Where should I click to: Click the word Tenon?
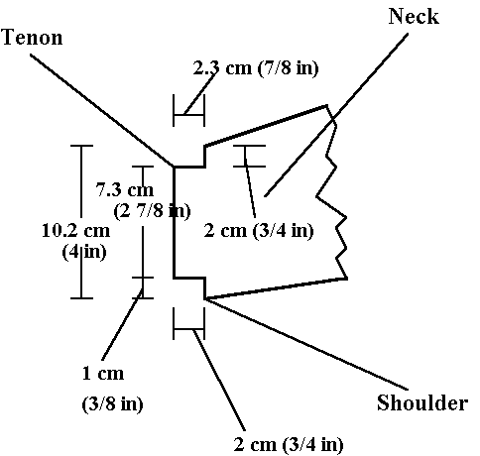click(x=32, y=37)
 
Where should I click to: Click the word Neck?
click(x=414, y=16)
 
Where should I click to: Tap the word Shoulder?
click(x=422, y=402)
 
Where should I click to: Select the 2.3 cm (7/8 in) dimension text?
click(x=256, y=68)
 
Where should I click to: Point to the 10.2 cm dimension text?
click(x=76, y=230)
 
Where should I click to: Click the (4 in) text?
click(x=84, y=252)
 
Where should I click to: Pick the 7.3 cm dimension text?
click(x=125, y=189)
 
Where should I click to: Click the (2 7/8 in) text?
click(x=152, y=210)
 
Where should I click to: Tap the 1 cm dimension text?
click(x=103, y=374)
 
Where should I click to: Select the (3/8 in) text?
click(x=112, y=403)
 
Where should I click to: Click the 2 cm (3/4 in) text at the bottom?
click(x=289, y=444)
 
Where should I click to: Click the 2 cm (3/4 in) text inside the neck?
click(x=259, y=230)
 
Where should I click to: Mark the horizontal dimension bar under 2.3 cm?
click(x=189, y=115)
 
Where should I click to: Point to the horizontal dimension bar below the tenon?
click(x=189, y=329)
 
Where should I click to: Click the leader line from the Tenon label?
click(x=102, y=111)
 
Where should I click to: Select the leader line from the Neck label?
click(x=336, y=115)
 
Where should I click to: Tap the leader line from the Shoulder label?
click(x=306, y=344)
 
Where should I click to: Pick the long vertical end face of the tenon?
click(x=174, y=222)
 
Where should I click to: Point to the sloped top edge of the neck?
click(x=266, y=126)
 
